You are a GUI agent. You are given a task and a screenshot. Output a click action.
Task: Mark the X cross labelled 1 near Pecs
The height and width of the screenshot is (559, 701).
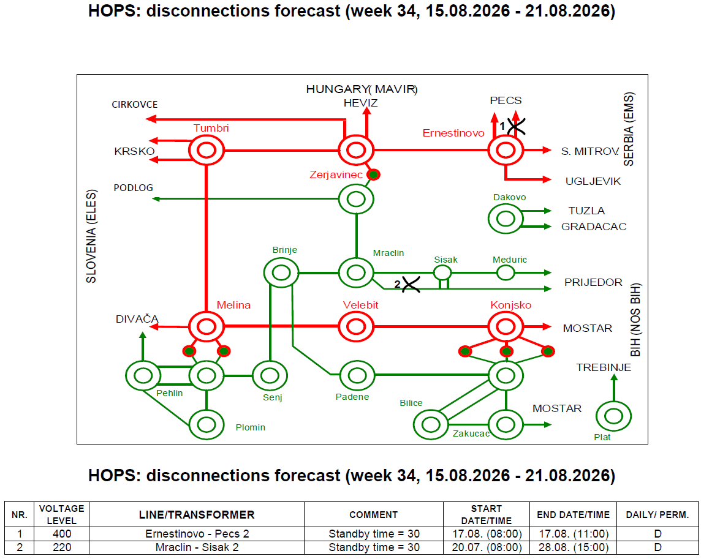tap(517, 127)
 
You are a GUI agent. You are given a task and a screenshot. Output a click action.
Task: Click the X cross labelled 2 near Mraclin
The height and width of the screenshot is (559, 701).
tap(411, 284)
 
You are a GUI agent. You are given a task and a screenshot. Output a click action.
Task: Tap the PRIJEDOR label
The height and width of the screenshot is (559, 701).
tap(593, 282)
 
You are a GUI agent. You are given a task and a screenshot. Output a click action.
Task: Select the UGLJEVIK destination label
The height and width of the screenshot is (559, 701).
tap(593, 181)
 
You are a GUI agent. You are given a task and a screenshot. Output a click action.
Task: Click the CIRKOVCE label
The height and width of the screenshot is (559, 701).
tap(135, 105)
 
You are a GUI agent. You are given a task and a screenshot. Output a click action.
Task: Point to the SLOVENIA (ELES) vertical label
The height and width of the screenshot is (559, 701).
tap(91, 236)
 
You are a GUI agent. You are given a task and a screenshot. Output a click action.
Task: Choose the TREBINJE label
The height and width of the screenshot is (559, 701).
tap(604, 368)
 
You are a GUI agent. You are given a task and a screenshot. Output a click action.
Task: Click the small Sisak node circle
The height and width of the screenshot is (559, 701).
tap(442, 266)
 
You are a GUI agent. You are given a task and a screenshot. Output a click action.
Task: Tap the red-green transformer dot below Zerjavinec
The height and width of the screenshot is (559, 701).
tap(373, 174)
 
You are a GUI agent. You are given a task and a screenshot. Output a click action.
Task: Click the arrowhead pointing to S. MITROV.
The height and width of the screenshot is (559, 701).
tap(547, 150)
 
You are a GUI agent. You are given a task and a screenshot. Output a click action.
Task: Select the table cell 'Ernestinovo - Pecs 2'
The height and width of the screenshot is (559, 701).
tap(197, 534)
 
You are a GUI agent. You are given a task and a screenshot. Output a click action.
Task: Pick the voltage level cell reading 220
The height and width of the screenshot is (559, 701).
tap(62, 547)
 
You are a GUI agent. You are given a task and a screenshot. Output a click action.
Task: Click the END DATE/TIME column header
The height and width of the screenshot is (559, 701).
tap(573, 515)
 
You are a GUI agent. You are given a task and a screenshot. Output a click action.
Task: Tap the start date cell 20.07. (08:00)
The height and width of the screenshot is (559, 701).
tap(487, 547)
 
